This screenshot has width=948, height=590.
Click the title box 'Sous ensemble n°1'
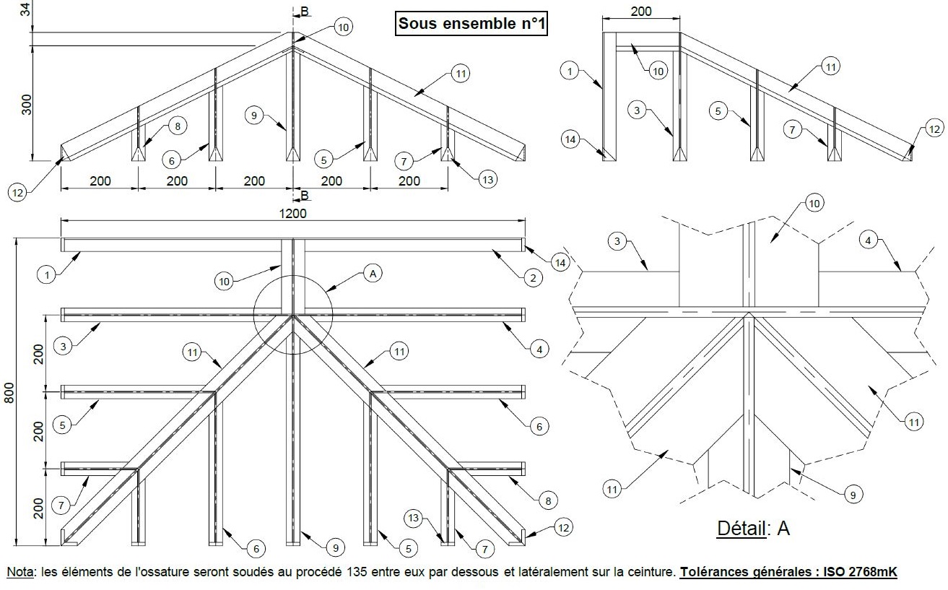[472, 24]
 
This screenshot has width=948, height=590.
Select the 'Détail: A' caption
[753, 528]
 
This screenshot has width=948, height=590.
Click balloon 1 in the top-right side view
[570, 71]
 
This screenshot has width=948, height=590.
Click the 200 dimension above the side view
[641, 11]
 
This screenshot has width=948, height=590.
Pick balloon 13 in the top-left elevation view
[488, 179]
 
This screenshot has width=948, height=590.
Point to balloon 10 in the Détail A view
[814, 204]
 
